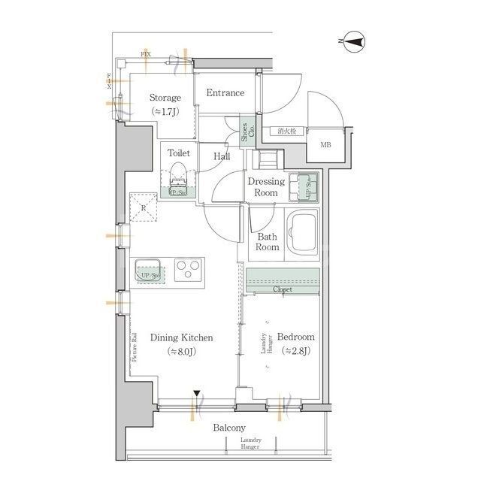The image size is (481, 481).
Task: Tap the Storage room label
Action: [165, 98]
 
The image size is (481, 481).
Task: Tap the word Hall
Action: [222, 156]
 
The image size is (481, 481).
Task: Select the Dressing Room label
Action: [266, 187]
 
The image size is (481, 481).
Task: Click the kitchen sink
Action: [148, 271]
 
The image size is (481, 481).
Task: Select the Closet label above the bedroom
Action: [283, 289]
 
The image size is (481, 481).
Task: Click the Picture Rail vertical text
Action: [134, 347]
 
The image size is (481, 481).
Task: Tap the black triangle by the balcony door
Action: [196, 393]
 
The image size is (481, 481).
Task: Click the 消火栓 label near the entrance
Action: [286, 132]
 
